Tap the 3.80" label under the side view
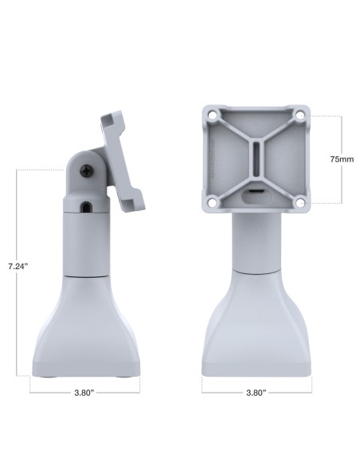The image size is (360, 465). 84,393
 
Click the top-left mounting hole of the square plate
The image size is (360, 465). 210,115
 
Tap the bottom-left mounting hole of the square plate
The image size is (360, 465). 210,204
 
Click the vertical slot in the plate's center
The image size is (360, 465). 255,160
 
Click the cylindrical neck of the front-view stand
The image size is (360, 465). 255,243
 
